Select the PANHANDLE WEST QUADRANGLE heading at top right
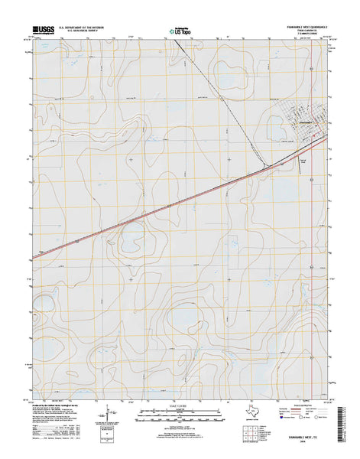[297, 27]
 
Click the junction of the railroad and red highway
[264, 166]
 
